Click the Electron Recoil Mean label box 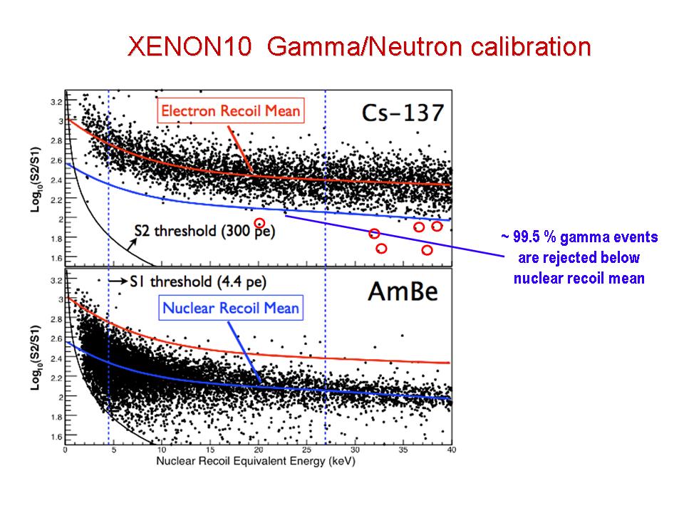[231, 111]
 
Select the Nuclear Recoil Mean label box [231, 309]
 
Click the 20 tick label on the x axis [258, 450]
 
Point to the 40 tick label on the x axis [451, 450]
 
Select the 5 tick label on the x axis [113, 450]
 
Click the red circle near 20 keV [260, 223]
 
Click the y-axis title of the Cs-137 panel [36, 178]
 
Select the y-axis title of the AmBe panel [36, 360]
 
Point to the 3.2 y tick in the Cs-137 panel [54, 103]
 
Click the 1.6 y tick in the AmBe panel [54, 436]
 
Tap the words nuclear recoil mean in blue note [579, 278]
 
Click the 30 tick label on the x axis [355, 450]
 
